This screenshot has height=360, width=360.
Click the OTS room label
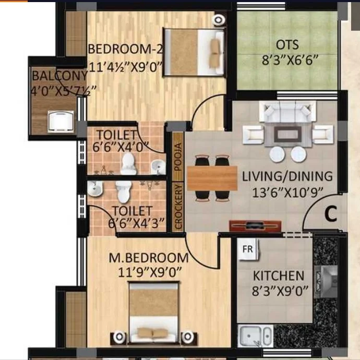[x=287, y=45]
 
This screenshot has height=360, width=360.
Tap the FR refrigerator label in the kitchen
[x=247, y=249]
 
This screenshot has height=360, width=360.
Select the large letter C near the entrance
[x=331, y=214]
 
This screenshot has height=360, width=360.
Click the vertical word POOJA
[x=178, y=157]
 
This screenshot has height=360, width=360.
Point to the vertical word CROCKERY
[x=178, y=207]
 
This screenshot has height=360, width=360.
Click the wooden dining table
[x=212, y=178]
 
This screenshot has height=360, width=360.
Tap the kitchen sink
[x=255, y=335]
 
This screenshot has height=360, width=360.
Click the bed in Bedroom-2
[x=194, y=52]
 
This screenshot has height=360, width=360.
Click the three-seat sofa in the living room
[x=287, y=111]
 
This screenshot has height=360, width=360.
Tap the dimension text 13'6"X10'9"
[x=287, y=193]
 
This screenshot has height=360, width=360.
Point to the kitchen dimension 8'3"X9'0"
[x=280, y=291]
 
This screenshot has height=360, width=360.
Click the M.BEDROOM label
[x=149, y=258]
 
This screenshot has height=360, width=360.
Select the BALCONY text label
[x=59, y=76]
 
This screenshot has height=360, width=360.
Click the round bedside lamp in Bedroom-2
[x=219, y=20]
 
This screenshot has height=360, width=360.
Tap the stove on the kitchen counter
[x=325, y=282]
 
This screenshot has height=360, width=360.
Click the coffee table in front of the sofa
[x=287, y=134]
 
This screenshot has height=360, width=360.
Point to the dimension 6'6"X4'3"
[x=136, y=223]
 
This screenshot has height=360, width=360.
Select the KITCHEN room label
[x=279, y=275]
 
